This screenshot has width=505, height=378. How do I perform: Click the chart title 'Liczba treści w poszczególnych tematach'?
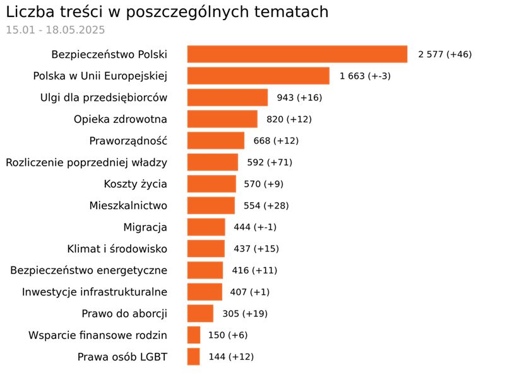coord(167,12)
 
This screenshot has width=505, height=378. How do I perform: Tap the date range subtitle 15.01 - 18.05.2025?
coord(56,30)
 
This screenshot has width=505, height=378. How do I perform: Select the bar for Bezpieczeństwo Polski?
coord(297,54)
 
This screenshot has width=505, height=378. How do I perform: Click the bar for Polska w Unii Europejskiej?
coord(258,76)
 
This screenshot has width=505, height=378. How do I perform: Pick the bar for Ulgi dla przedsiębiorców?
coord(227,98)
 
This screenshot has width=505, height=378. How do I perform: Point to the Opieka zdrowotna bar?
coord(222,119)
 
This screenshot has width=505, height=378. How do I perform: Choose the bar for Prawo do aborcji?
coord(200,314)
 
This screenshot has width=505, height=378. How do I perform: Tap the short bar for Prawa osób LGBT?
coord(193,357)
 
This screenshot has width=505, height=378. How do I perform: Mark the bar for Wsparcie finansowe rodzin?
coord(194,335)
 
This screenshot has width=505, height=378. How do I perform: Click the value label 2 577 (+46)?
coord(444,54)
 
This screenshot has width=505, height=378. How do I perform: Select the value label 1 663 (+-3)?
coord(365,76)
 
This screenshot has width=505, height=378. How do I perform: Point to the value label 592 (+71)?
coord(270,163)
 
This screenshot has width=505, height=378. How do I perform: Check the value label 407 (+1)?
coord(250,292)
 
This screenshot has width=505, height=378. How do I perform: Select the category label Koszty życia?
coord(135,184)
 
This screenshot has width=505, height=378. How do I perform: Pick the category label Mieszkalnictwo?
coord(128,205)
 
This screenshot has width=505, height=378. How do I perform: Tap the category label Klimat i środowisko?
coord(117,249)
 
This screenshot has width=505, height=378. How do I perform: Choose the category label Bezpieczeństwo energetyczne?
coord(88,270)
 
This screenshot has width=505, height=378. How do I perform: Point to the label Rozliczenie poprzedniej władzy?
coord(86,163)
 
